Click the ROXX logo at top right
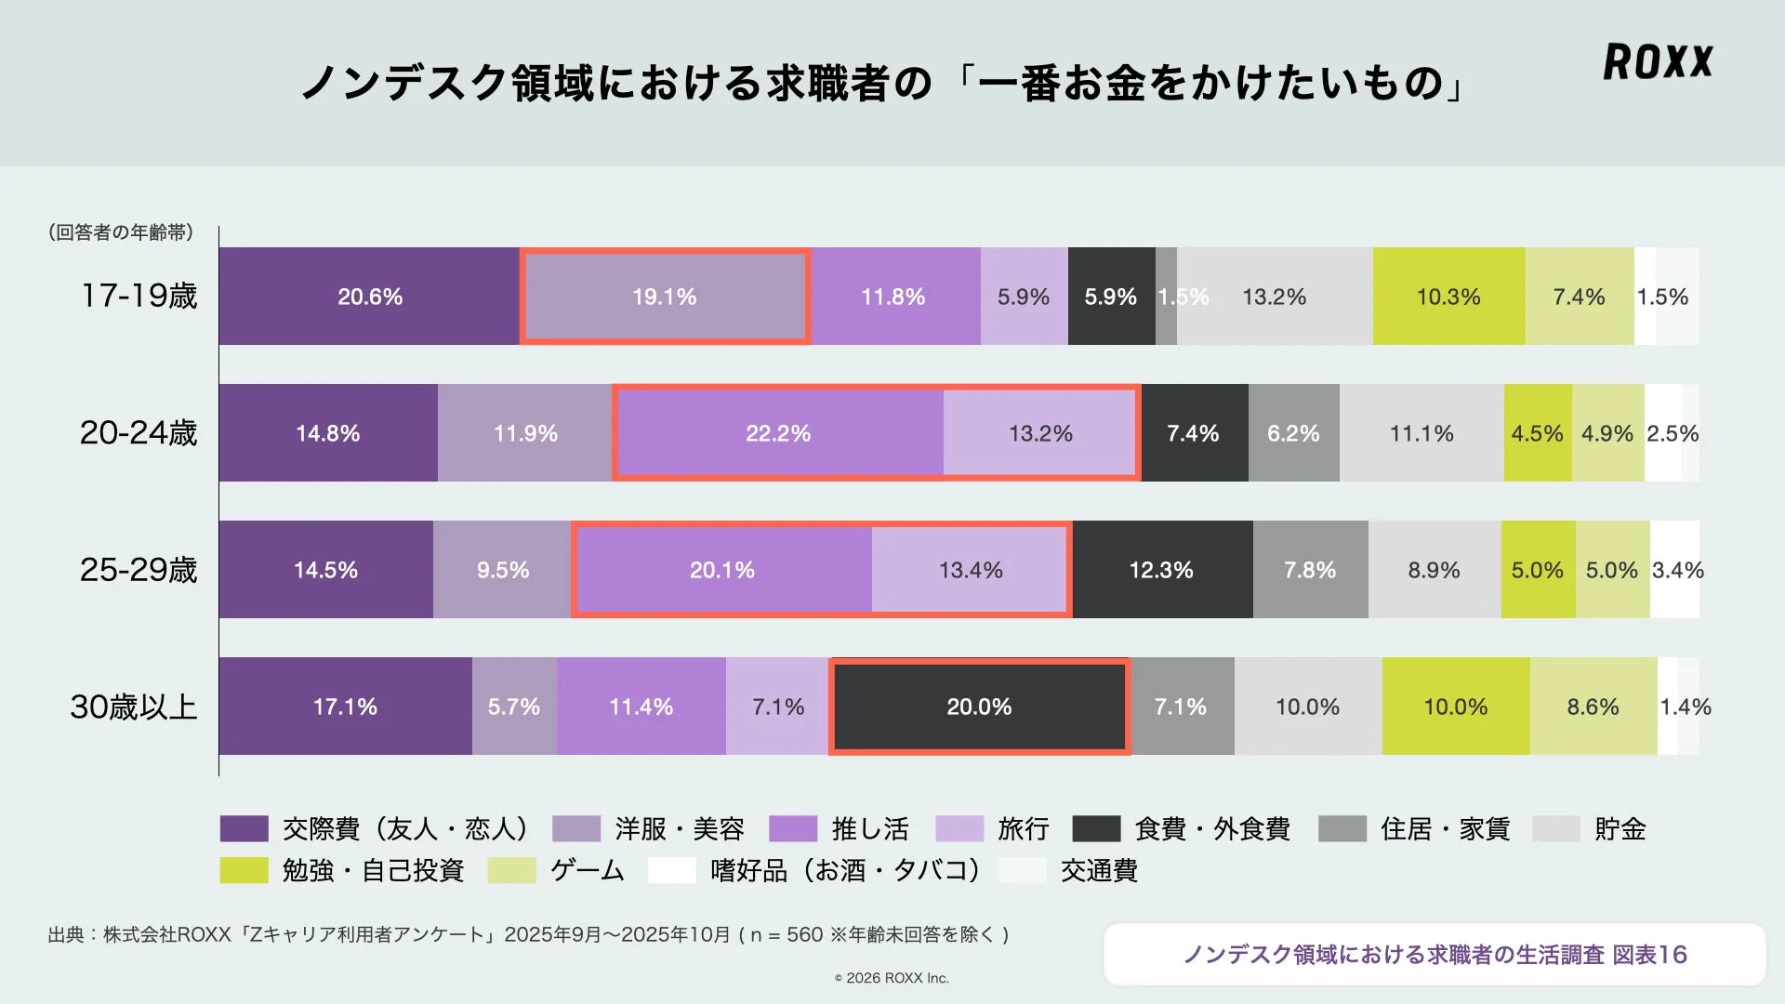coord(1658,61)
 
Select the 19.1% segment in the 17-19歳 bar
coord(665,297)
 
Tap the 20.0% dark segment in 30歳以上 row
coord(979,707)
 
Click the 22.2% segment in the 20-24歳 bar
coord(778,433)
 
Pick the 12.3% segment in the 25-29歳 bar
coord(1161,570)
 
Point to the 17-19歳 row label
coord(139,296)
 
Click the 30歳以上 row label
coord(134,707)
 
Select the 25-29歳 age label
coord(139,570)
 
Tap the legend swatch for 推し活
coord(792,828)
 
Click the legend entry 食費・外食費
coord(1211,828)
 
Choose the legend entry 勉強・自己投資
coord(372,870)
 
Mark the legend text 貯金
coord(1620,828)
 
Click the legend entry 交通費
coord(1099,870)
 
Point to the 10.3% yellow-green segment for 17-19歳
coord(1448,297)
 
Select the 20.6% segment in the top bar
coord(369,297)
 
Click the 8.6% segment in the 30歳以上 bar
coord(1593,707)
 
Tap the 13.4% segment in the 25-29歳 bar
coord(970,570)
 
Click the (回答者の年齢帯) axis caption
coord(121,232)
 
